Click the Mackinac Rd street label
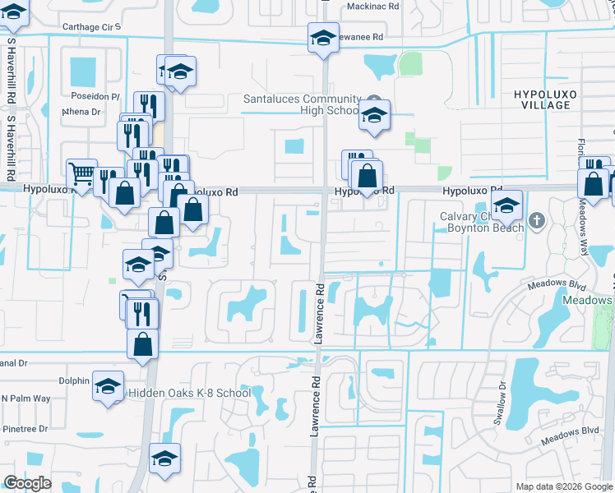point(372,5)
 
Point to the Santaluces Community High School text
point(301,104)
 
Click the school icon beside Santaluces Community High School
point(374,117)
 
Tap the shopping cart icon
point(81,174)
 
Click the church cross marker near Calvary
point(537,220)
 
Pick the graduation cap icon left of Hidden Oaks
point(108,387)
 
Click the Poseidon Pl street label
point(95,95)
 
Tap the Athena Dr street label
point(81,112)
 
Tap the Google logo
point(27,482)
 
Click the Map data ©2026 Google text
point(563,486)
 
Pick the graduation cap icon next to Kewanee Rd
point(323,38)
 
